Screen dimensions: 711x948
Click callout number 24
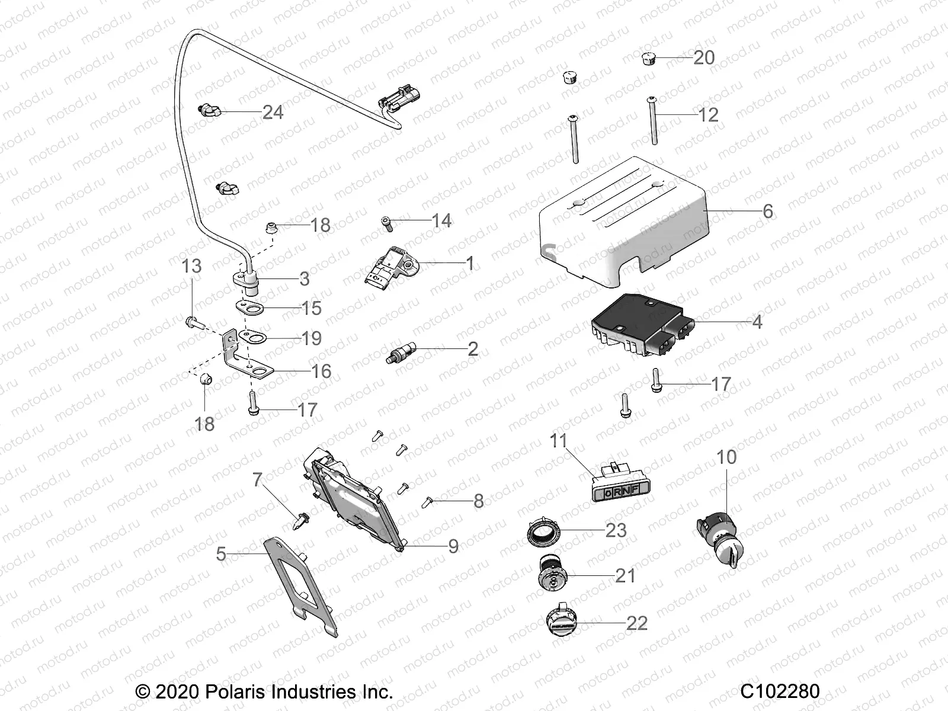pos(273,112)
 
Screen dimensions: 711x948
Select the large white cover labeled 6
pos(622,219)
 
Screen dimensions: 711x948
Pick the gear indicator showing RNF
pos(617,490)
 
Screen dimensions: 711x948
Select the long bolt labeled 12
pos(654,121)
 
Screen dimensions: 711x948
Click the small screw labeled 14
pos(386,223)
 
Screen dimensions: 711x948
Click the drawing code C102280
pos(780,691)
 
